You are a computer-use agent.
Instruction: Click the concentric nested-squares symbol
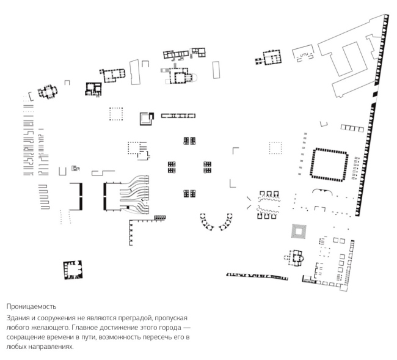(x=299, y=232)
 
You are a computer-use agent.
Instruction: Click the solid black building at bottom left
(x=73, y=270)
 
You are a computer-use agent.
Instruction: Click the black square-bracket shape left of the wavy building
(x=78, y=196)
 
